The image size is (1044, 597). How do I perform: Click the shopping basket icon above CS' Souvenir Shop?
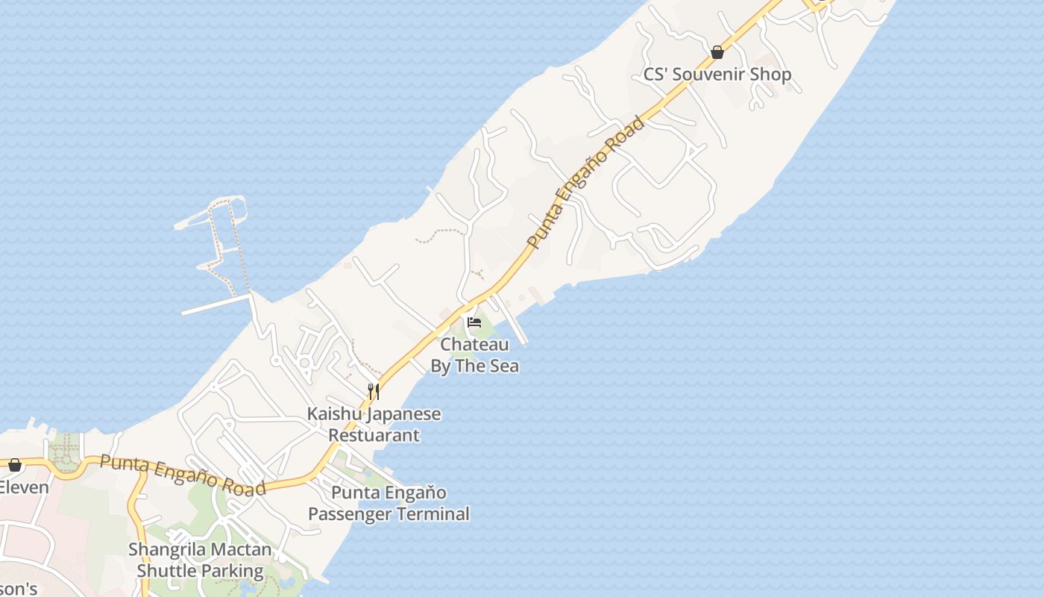tap(717, 52)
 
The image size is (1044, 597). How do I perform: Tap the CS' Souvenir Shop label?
tap(717, 75)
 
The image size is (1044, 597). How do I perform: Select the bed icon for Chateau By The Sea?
tap(474, 322)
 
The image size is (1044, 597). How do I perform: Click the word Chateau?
tap(474, 345)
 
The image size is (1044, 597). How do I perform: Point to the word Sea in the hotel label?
tap(503, 366)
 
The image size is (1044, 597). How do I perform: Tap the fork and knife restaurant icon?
tap(374, 391)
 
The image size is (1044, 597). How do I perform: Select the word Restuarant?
tap(374, 435)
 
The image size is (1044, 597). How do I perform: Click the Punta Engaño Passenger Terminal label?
tap(389, 504)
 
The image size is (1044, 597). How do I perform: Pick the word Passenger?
tap(348, 514)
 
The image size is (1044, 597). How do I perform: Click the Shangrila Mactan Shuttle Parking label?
tap(200, 560)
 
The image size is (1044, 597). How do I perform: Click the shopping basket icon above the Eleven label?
tap(14, 465)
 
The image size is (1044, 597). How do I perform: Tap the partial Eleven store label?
tap(24, 488)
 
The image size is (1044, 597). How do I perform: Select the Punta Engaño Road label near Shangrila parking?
tap(183, 475)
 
